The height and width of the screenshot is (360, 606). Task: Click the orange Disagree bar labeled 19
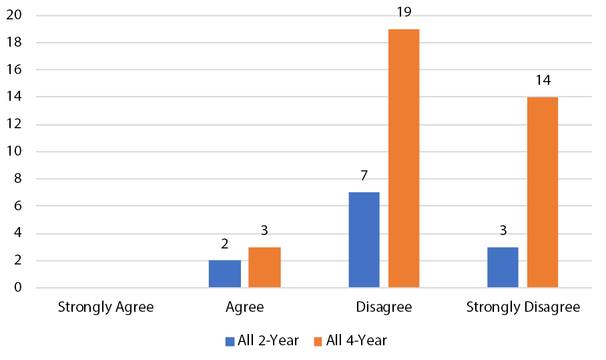click(404, 159)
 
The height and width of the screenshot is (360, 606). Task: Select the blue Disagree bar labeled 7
click(364, 240)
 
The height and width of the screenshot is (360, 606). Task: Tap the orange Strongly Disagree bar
click(543, 193)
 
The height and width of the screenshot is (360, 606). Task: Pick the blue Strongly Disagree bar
click(503, 268)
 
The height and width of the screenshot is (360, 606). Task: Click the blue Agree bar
click(225, 275)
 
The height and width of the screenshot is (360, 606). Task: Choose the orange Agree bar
click(264, 268)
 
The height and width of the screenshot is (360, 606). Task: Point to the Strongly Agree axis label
click(106, 308)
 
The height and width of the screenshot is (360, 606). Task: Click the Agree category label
click(245, 308)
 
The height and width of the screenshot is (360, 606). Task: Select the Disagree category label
click(384, 308)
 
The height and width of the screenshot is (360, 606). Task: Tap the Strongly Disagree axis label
click(523, 308)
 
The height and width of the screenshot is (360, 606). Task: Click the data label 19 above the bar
click(404, 12)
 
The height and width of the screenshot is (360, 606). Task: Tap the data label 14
click(543, 81)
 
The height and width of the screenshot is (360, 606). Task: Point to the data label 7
click(364, 176)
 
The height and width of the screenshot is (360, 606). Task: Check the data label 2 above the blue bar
click(225, 244)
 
